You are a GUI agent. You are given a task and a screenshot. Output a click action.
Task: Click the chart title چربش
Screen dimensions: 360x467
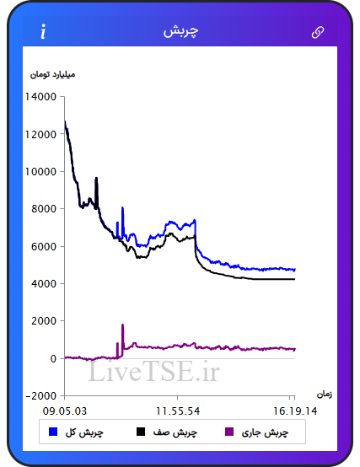[x=180, y=31]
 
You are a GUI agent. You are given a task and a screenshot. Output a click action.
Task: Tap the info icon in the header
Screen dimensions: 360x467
[x=43, y=32]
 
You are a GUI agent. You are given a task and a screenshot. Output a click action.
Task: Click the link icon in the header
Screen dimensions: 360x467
[x=318, y=32]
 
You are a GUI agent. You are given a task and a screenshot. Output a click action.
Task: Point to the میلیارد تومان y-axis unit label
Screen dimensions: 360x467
[x=52, y=74]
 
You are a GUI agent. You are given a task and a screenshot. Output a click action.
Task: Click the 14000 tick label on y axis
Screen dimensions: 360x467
[x=40, y=97]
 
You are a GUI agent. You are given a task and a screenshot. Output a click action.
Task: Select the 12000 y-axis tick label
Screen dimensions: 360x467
[x=40, y=134]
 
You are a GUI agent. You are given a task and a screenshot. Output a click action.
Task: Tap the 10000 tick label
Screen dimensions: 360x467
[x=40, y=172]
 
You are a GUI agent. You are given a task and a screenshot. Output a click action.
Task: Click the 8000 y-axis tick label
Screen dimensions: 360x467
[x=44, y=209]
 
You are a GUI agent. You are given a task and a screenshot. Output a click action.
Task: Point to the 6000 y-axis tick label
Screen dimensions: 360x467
[x=44, y=246]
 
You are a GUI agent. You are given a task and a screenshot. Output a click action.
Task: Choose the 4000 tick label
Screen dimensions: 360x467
[x=44, y=283]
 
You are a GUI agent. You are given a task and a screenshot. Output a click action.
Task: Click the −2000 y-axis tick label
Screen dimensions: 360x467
[x=41, y=396]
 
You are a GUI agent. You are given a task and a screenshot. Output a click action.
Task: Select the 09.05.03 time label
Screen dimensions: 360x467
[x=65, y=411]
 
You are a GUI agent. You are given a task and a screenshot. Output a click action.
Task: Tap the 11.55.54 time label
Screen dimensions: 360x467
[x=178, y=411]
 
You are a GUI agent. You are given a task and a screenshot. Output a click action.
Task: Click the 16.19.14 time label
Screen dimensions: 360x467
[x=295, y=411]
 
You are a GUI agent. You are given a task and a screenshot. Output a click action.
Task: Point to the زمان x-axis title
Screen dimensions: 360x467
[x=325, y=395]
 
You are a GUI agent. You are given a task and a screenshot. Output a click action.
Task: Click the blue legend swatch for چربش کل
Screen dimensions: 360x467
[x=53, y=432]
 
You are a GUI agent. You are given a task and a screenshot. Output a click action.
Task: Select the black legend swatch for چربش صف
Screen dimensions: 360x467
[x=141, y=432]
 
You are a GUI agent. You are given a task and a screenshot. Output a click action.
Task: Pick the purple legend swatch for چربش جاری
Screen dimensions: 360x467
[x=229, y=432]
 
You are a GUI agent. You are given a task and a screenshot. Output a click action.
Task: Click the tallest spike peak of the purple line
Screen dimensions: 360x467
[x=122, y=325]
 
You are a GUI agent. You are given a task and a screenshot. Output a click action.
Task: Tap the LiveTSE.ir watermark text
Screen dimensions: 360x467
[x=154, y=371]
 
